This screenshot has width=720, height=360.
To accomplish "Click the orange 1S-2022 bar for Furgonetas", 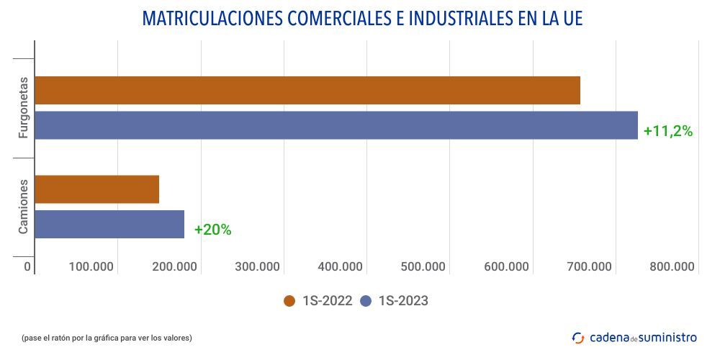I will (307, 90).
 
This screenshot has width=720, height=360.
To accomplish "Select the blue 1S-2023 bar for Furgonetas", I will (336, 125).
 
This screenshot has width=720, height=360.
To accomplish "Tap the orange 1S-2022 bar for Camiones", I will (96, 189).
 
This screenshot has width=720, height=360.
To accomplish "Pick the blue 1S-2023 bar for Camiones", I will (109, 224).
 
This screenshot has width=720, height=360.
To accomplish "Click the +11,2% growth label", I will (667, 131).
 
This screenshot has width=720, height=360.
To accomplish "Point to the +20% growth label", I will (212, 230).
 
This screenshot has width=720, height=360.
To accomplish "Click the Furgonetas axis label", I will (23, 107).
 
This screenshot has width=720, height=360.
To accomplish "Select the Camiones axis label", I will (23, 207).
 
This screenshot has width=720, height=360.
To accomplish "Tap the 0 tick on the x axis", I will (27, 266).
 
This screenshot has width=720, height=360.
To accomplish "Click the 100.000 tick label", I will (91, 266).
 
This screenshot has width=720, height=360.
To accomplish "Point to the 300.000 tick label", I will (257, 266).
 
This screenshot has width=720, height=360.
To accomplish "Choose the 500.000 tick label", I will (423, 266).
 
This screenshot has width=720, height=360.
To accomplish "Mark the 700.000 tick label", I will (589, 266).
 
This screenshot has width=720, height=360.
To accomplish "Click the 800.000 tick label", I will (671, 266).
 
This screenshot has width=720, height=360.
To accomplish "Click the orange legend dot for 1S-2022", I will (290, 301).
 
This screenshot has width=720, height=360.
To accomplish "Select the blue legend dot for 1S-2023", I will (366, 301).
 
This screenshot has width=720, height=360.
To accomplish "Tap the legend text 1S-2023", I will (402, 301).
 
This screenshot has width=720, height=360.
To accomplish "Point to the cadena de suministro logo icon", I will (577, 337).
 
